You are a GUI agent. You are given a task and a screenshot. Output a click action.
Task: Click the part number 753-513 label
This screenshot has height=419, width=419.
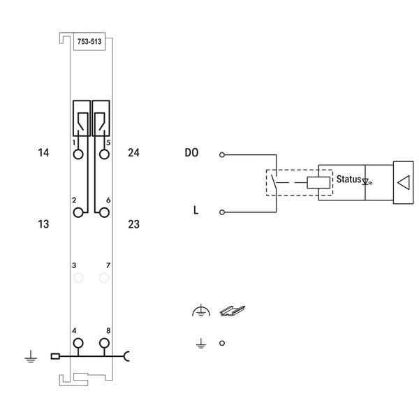89,42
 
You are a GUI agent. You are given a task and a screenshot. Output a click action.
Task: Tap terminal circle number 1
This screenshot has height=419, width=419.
78,154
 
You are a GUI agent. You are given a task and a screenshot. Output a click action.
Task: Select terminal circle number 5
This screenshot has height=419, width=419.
104,154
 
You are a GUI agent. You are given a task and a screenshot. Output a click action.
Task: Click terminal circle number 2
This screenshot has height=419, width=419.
78,213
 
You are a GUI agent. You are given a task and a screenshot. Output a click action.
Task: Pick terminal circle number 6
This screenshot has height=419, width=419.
104,213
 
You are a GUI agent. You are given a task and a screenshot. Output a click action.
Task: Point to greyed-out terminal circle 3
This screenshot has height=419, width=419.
78,278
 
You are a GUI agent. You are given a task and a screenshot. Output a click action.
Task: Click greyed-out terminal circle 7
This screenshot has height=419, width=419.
104,278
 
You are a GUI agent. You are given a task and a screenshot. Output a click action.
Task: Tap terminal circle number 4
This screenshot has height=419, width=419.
78,343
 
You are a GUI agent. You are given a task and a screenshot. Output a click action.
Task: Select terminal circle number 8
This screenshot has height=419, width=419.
104,343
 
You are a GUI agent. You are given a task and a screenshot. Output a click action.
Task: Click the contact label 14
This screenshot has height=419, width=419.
43,153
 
